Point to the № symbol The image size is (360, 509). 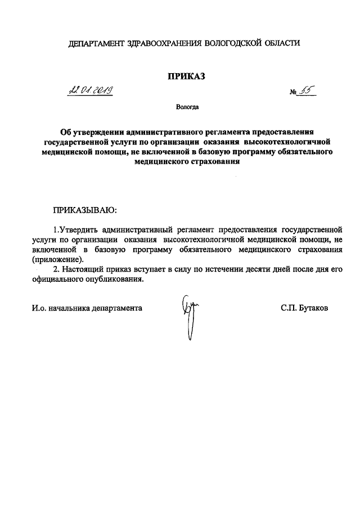click(x=293, y=93)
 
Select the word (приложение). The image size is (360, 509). click(x=57, y=259)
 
